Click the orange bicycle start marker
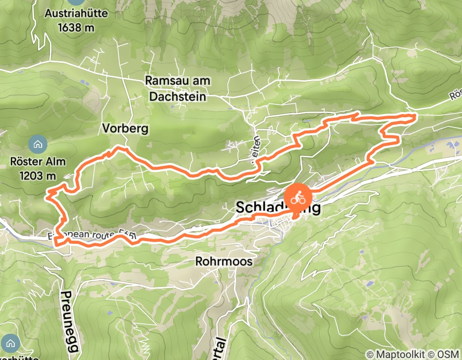coord(297,197)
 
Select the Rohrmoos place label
coord(224,262)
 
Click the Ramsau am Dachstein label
coord(175,88)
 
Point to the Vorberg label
coord(125,129)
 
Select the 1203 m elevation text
coord(38,175)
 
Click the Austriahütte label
coord(76,13)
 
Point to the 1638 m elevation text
coord(76,27)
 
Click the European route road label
coord(93,235)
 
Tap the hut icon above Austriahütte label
coord(76,2)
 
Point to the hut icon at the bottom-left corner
coord(11,341)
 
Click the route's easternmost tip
coord(415,117)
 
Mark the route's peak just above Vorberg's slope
coord(119,148)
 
